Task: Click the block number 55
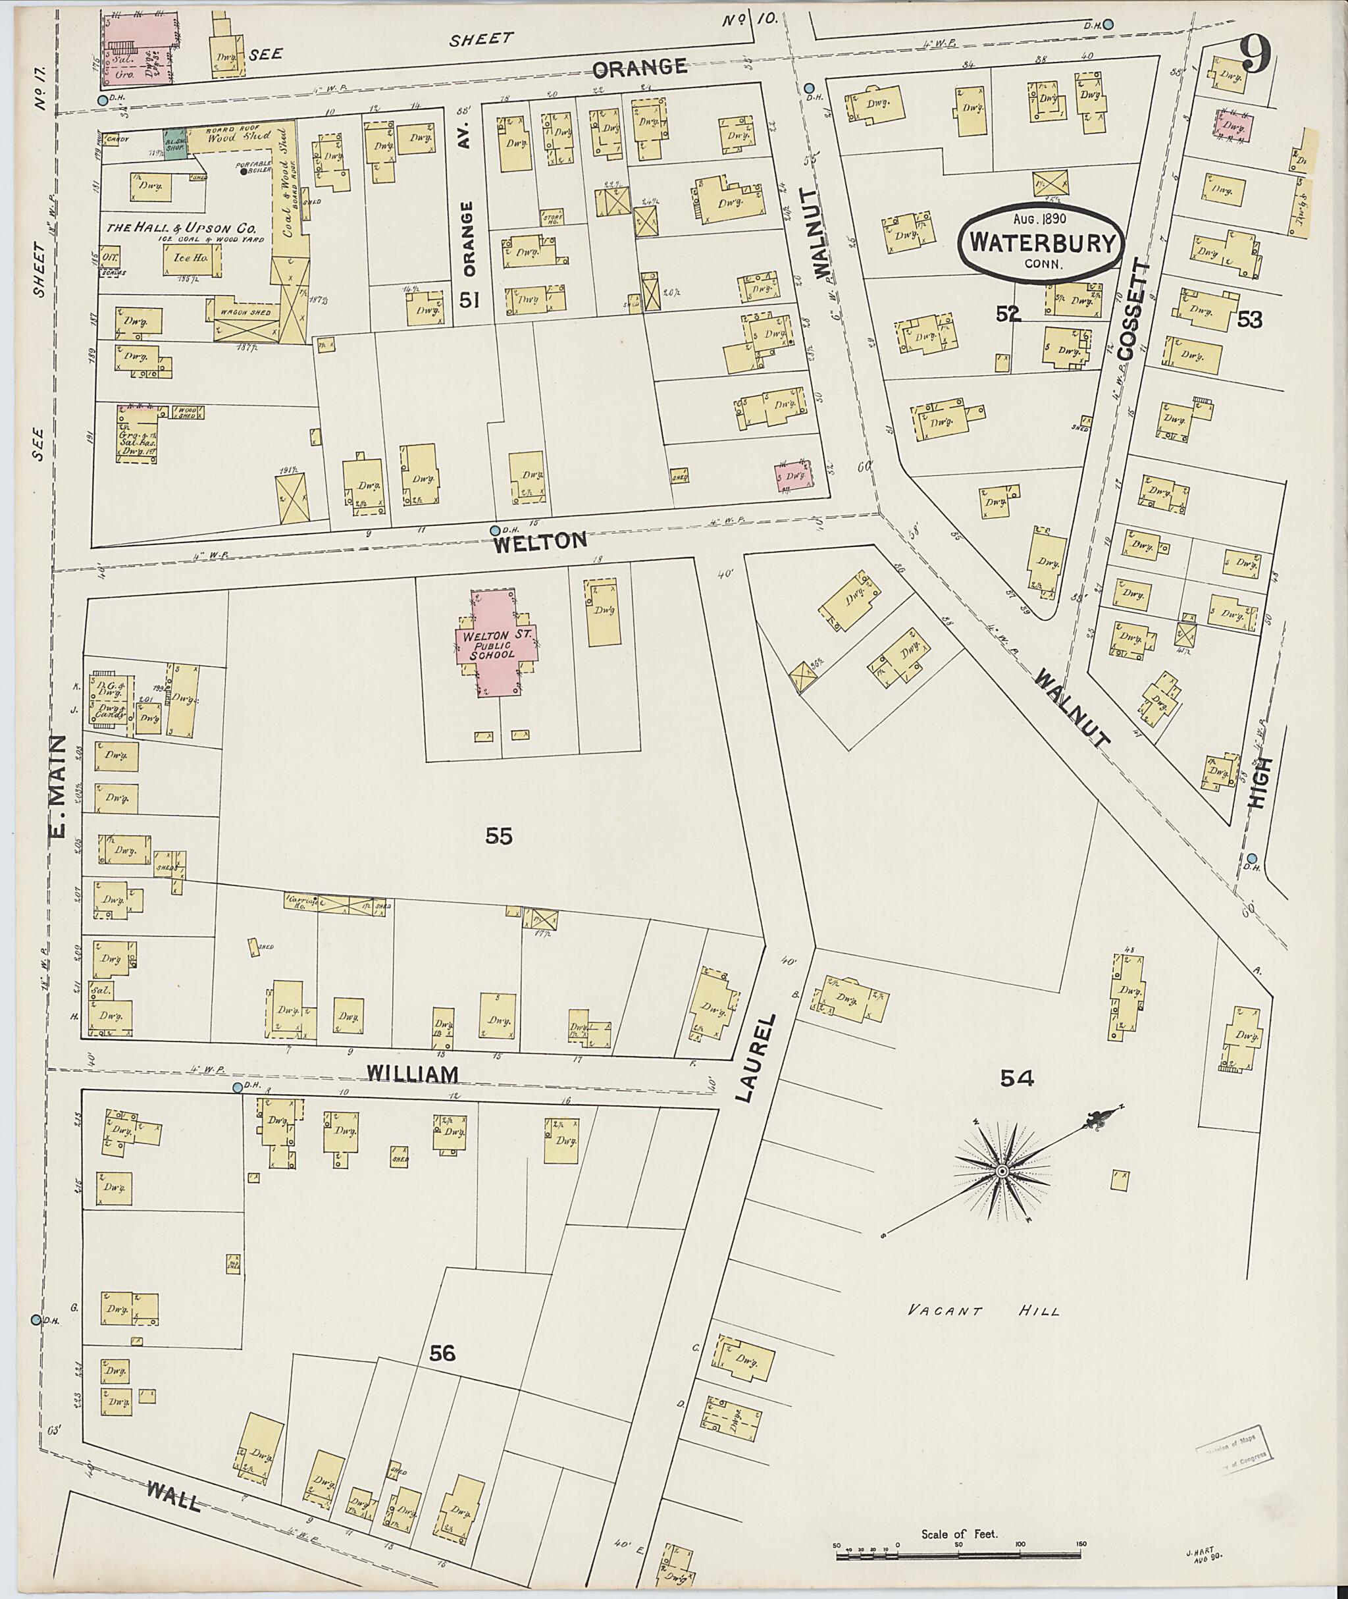[498, 837]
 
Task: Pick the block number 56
[442, 1353]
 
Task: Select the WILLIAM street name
[412, 1073]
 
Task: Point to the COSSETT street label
[1131, 309]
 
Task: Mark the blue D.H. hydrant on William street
[238, 1087]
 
